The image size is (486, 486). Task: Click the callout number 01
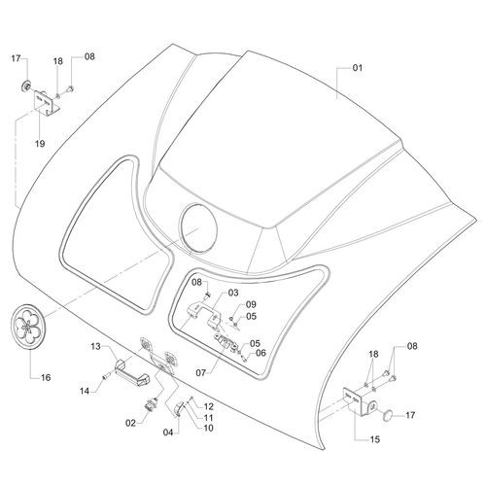[x=358, y=68]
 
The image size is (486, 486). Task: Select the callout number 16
[x=46, y=377]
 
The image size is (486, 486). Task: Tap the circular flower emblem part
[x=28, y=327]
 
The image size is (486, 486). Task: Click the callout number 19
[x=40, y=144]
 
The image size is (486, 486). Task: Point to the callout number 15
[x=374, y=439]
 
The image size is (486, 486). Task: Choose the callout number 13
[x=95, y=347]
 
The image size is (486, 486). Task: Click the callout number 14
[x=85, y=392]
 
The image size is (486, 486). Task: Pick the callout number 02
[x=130, y=423]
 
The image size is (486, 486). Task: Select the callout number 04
[x=168, y=433]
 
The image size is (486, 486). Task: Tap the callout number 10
[x=208, y=428]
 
